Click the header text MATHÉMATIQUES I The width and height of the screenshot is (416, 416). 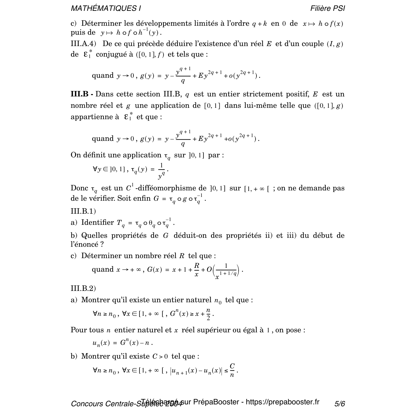[x=106, y=8]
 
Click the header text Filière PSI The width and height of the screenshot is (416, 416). [x=327, y=8]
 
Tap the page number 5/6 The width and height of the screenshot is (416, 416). [x=340, y=404]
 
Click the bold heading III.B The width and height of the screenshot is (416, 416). [x=79, y=94]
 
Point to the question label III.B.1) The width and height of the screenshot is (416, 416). [x=83, y=211]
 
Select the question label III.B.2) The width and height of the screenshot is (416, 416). [x=83, y=288]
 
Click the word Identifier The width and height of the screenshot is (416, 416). [x=97, y=223]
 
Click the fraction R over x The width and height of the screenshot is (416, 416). [x=197, y=270]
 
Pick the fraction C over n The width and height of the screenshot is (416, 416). [x=232, y=370]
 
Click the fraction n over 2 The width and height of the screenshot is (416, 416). [x=208, y=314]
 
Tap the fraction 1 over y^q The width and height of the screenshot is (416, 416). [x=161, y=171]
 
